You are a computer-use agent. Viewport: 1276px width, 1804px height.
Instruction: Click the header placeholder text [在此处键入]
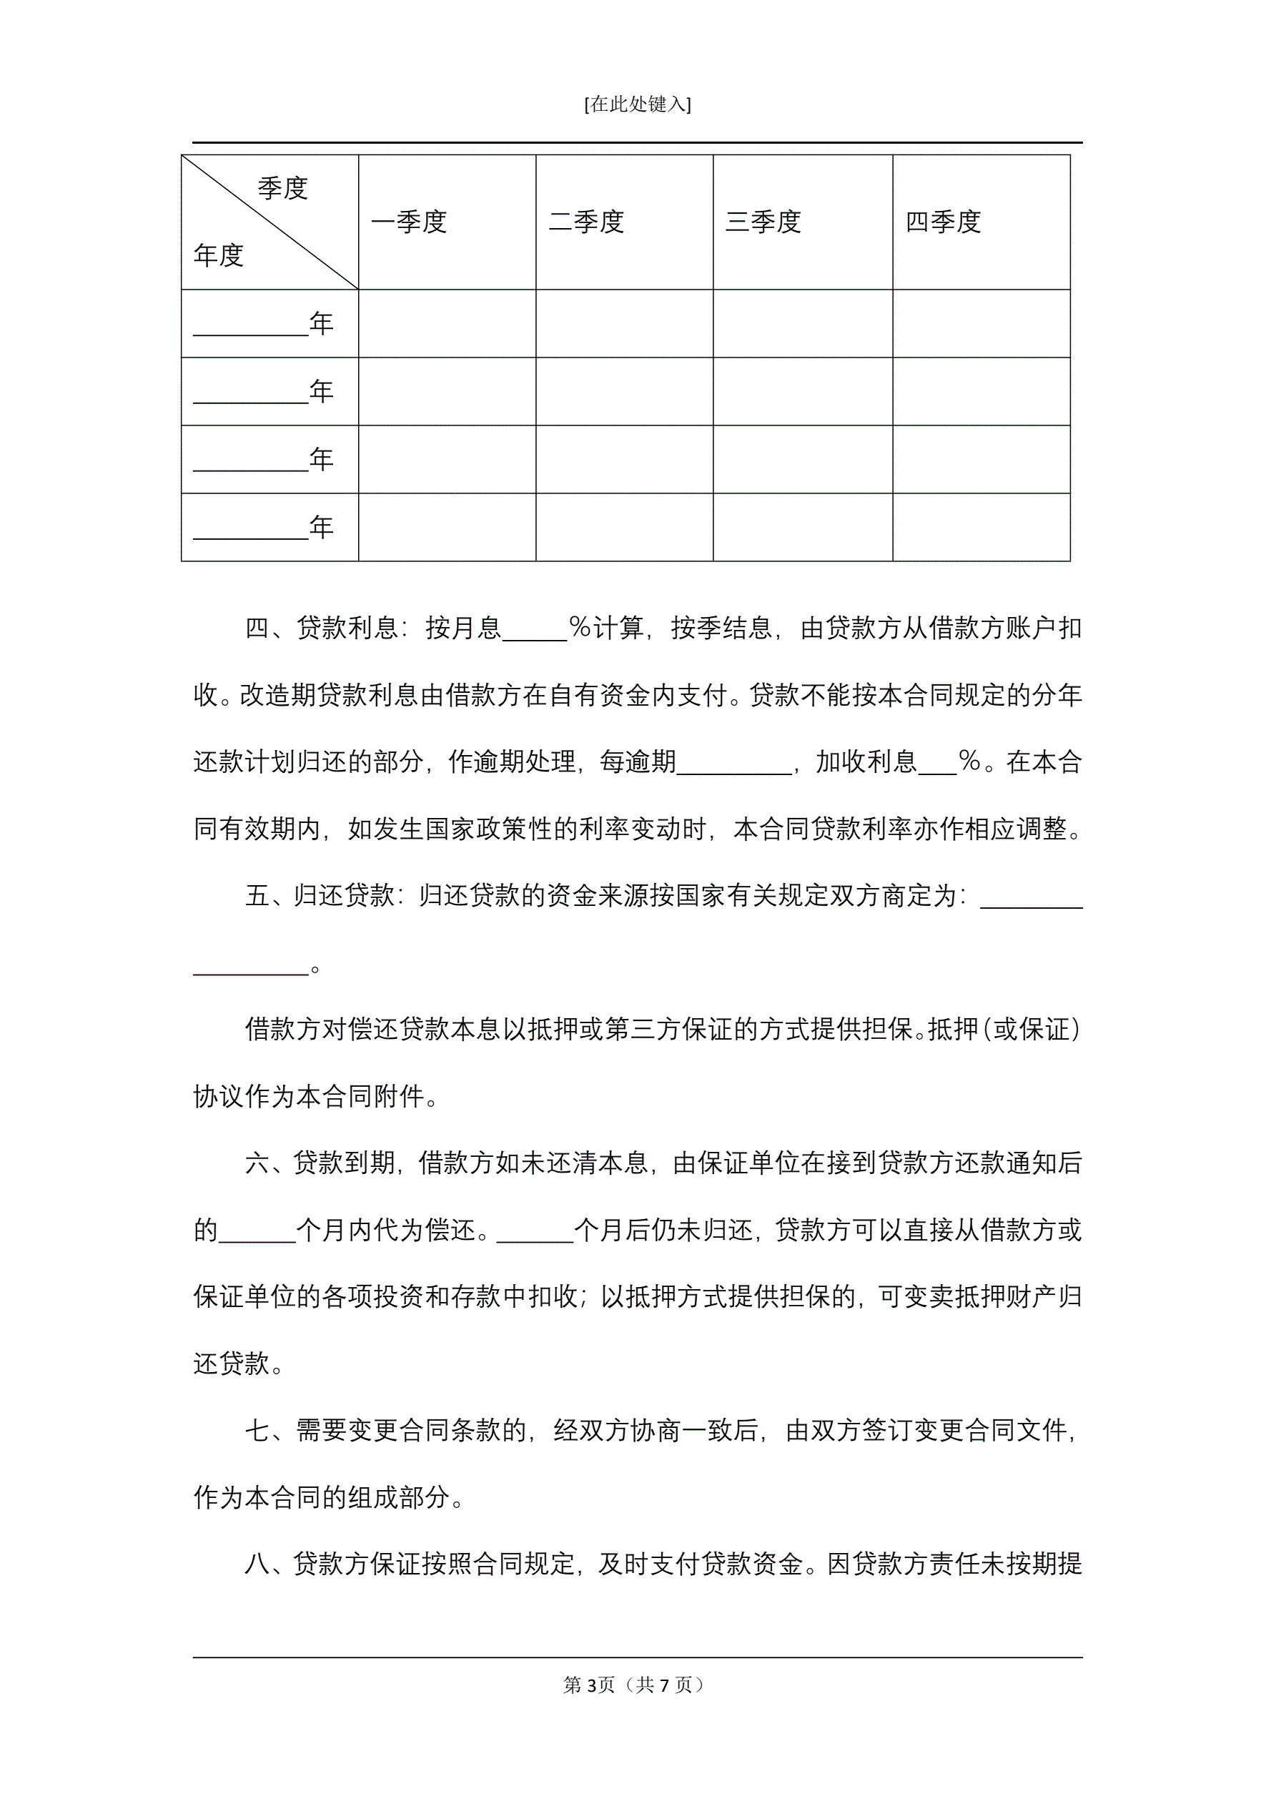637,104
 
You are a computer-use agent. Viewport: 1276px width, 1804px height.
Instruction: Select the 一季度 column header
409,222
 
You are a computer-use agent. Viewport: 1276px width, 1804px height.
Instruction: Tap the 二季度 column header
586,222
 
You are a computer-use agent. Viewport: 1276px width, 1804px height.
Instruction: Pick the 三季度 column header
763,222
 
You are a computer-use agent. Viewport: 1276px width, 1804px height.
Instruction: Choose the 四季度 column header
943,222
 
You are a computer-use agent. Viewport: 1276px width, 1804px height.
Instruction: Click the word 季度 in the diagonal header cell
283,189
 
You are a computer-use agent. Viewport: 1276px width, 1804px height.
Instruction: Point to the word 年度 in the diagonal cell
219,255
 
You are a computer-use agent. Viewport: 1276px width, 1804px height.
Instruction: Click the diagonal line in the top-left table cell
269,222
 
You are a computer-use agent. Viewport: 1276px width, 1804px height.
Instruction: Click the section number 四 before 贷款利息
257,629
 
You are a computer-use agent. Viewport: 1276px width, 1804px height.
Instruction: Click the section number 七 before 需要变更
257,1431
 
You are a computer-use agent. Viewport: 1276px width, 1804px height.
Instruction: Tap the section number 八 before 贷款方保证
257,1564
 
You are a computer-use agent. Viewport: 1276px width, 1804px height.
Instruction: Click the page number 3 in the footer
592,1685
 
